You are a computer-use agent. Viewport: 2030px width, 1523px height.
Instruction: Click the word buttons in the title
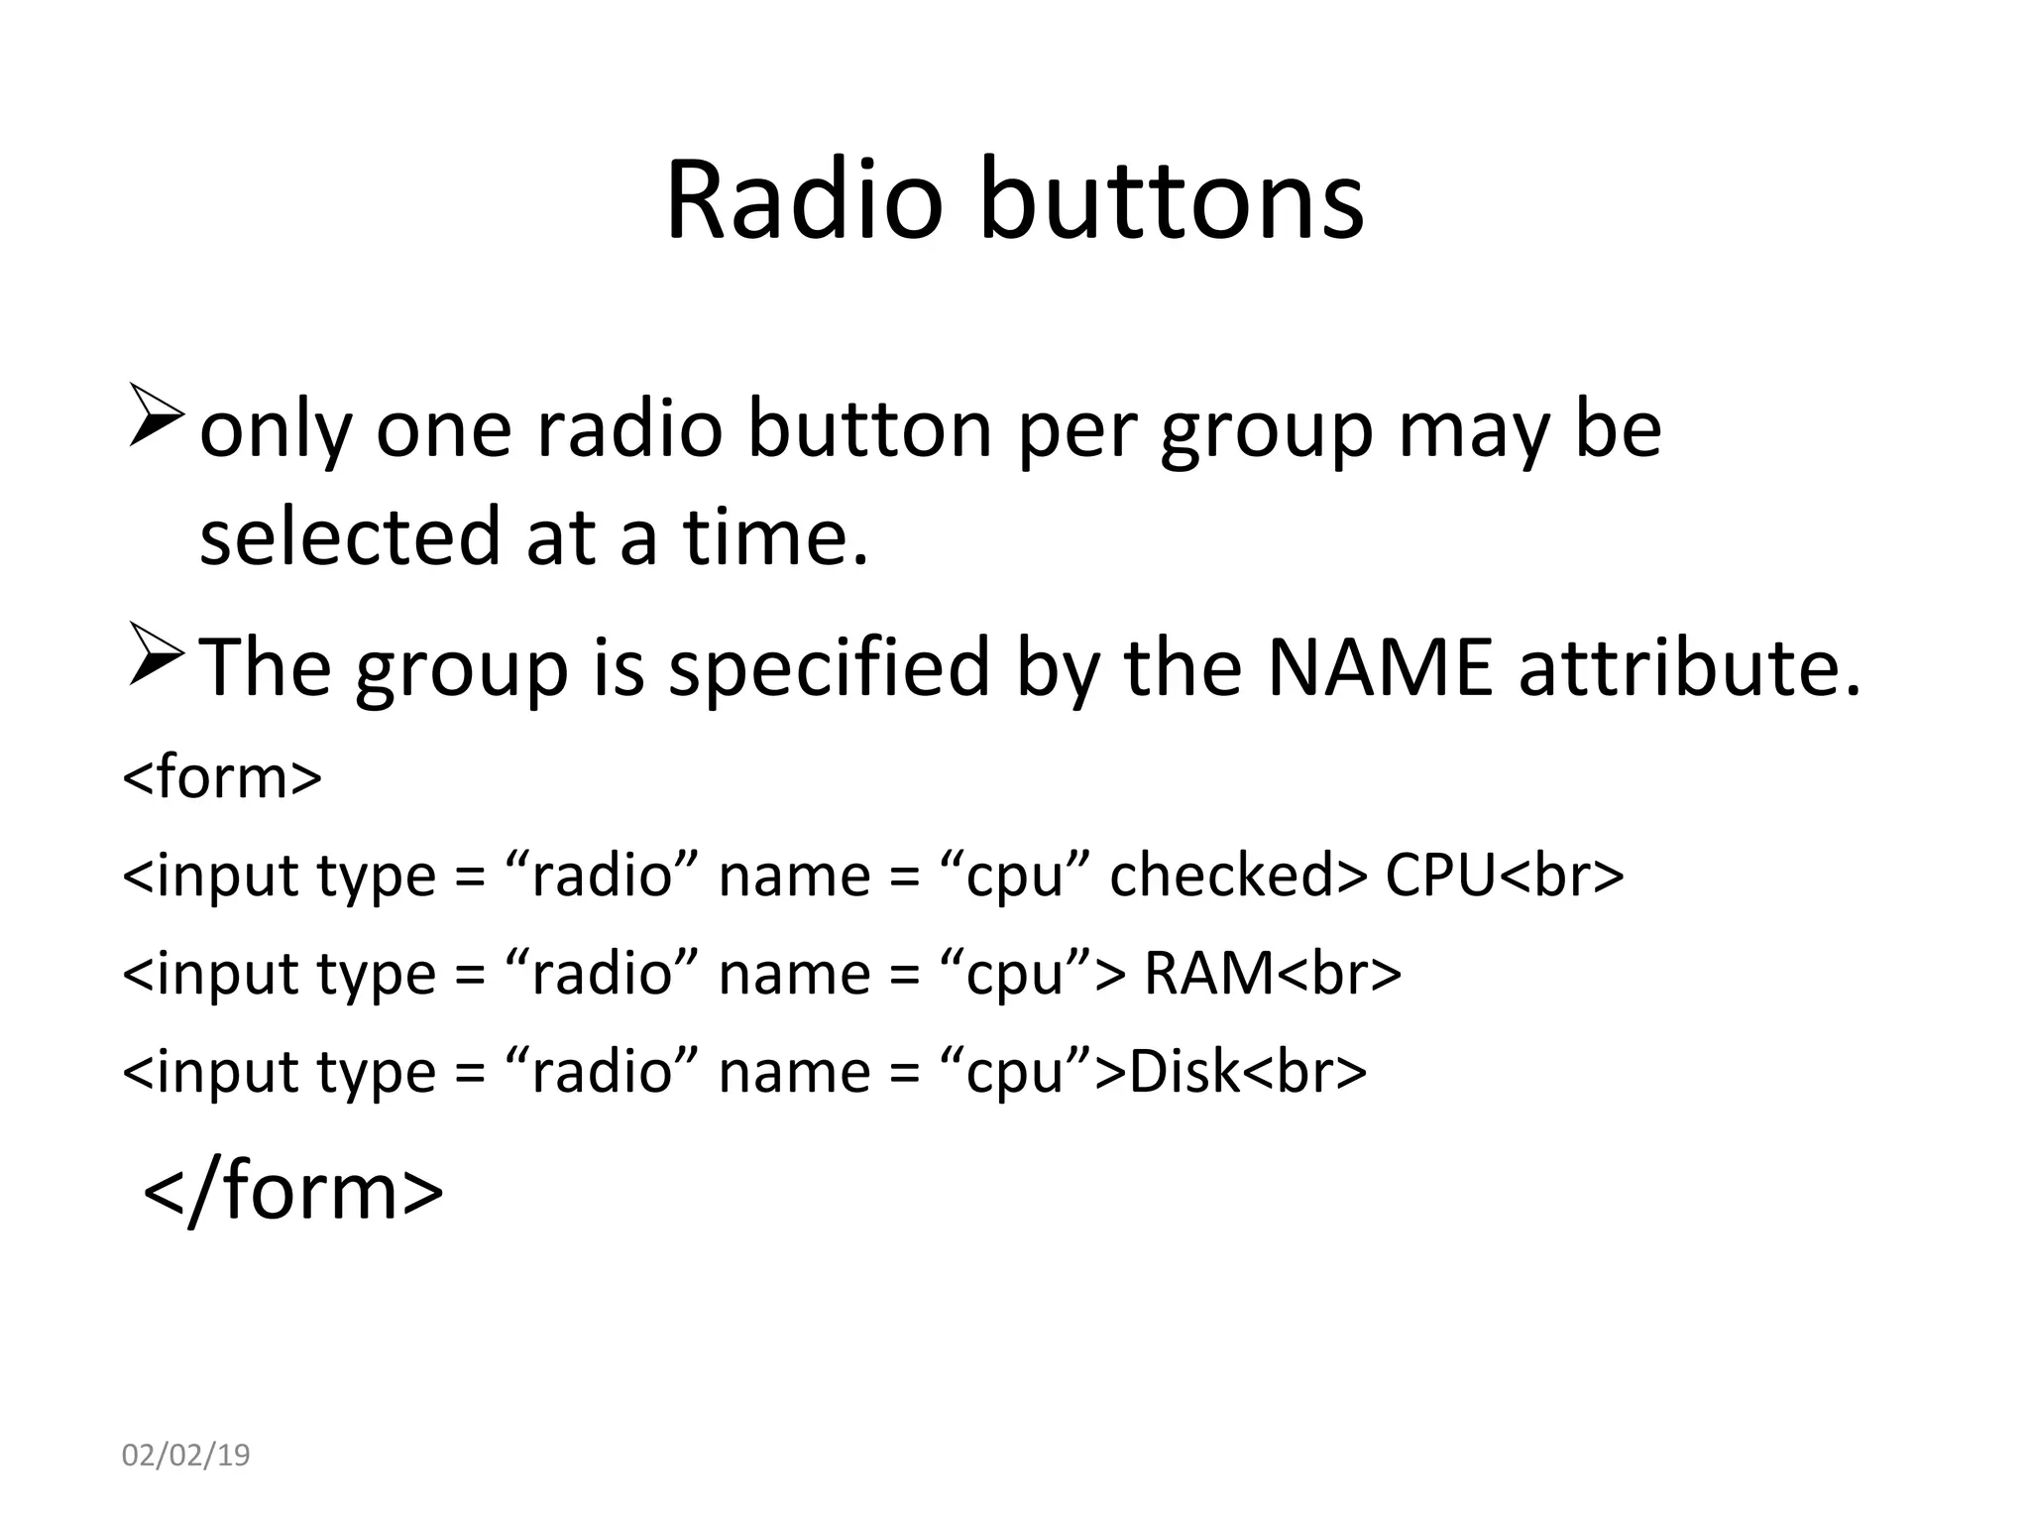click(1172, 201)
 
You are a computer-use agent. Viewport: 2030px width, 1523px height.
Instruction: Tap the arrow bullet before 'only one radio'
click(156, 419)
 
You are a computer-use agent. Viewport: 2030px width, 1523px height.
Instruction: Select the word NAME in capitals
click(1379, 667)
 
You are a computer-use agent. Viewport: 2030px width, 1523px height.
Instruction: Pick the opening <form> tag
click(222, 777)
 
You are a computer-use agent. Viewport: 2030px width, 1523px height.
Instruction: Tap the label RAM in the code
click(1208, 974)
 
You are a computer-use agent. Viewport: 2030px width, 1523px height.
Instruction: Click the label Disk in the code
click(1184, 1072)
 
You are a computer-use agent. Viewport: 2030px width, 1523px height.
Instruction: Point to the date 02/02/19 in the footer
click(185, 1456)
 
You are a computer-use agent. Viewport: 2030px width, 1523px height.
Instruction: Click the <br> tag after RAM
click(1339, 974)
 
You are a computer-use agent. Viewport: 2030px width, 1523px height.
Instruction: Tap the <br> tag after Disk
click(1304, 1072)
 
